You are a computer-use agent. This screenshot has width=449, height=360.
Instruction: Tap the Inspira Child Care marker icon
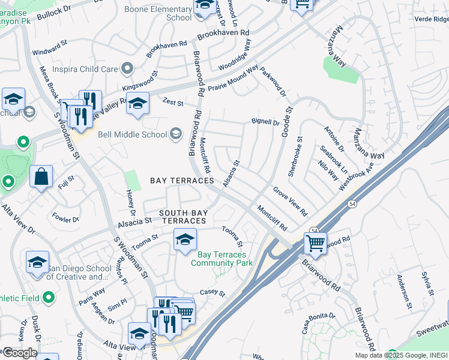coord(127,69)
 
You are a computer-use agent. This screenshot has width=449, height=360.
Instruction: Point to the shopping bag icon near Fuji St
coord(41,177)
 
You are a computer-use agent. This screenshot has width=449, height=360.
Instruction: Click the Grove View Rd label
coord(290,201)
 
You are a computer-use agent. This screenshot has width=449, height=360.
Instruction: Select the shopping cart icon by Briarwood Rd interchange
coord(315,244)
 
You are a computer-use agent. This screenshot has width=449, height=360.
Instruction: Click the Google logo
coord(20,353)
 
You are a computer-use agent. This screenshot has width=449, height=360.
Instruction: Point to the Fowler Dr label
coord(65,217)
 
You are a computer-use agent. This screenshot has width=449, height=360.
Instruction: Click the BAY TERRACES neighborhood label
coord(182,181)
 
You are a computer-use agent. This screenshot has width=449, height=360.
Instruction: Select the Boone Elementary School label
coord(158,13)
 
